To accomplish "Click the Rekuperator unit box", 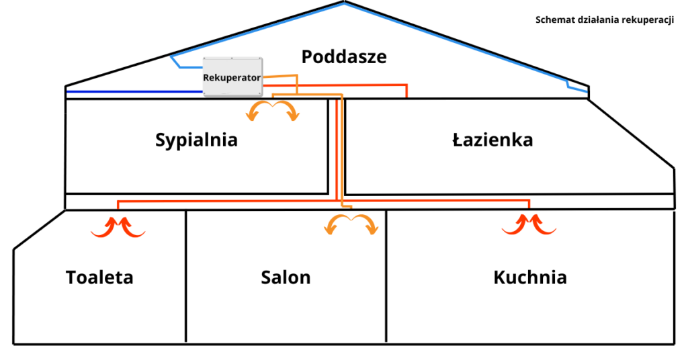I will pyautogui.click(x=232, y=77).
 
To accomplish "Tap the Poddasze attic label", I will pyautogui.click(x=344, y=56).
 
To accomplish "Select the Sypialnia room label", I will pyautogui.click(x=196, y=140).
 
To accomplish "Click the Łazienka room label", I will pyautogui.click(x=492, y=140).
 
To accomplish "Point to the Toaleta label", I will pyautogui.click(x=99, y=277).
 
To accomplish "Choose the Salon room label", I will pyautogui.click(x=286, y=277).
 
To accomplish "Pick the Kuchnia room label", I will pyautogui.click(x=529, y=277).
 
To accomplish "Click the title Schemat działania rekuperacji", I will pyautogui.click(x=604, y=19).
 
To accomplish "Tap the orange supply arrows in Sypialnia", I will pyautogui.click(x=273, y=111).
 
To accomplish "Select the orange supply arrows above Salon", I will pyautogui.click(x=351, y=225).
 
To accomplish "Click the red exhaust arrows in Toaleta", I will pyautogui.click(x=118, y=227).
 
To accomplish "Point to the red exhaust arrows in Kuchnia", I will pyautogui.click(x=529, y=224).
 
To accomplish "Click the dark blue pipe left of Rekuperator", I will pyautogui.click(x=134, y=91).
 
